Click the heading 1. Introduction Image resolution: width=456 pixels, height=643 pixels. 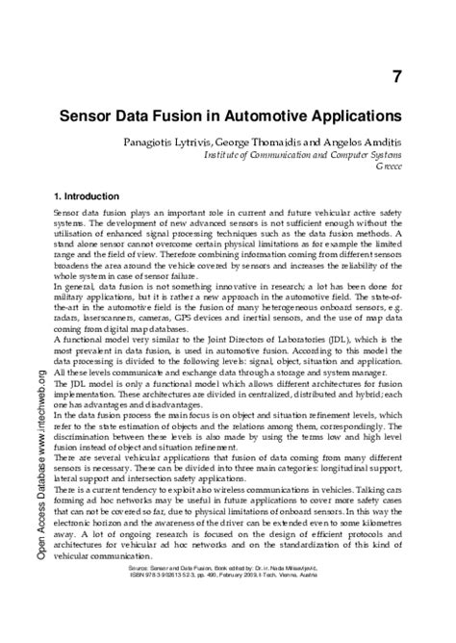(x=90, y=195)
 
